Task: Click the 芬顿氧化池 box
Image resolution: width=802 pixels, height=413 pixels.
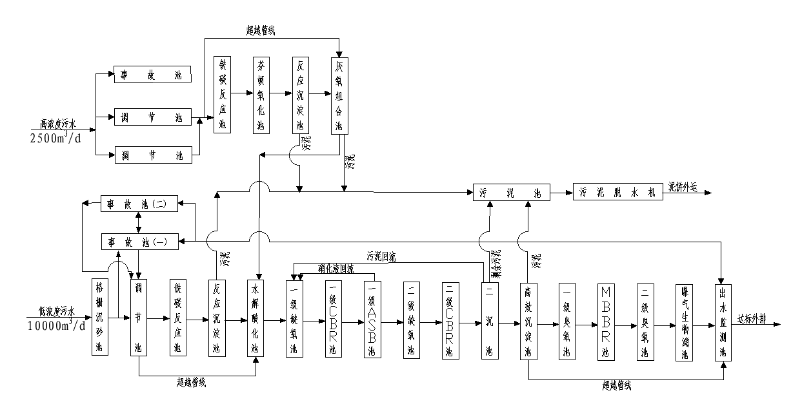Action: (261, 94)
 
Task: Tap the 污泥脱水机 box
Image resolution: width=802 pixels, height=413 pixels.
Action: (617, 192)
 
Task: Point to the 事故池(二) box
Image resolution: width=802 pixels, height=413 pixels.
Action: (137, 204)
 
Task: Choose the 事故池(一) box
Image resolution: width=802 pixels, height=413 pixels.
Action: (137, 242)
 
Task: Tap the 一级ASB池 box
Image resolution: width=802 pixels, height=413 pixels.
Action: (372, 320)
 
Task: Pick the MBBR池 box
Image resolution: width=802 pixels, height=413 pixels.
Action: (605, 320)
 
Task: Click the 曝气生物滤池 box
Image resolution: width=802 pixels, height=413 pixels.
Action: (684, 320)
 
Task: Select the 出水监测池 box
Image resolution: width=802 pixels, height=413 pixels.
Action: (723, 320)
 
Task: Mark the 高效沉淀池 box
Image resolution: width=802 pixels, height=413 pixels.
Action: (528, 320)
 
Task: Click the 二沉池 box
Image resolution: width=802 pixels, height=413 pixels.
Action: (488, 320)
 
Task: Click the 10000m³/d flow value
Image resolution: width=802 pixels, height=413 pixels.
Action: (56, 325)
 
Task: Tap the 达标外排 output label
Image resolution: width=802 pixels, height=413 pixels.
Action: (752, 318)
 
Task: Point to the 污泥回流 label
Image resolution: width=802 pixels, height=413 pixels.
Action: (381, 256)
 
